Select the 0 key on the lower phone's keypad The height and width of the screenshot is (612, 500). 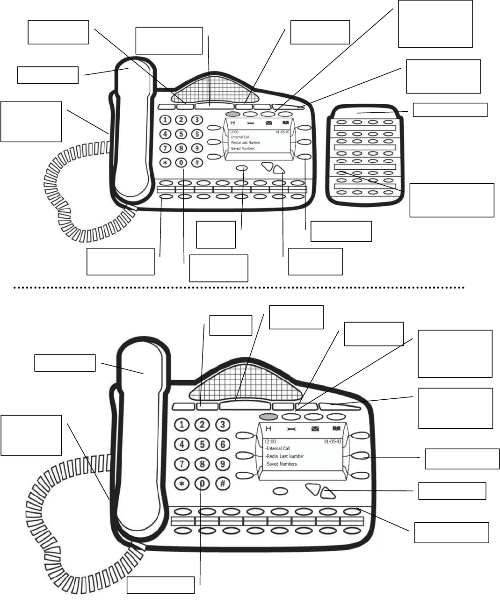(203, 483)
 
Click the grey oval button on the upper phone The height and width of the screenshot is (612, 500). (232, 114)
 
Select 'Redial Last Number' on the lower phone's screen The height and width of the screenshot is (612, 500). (284, 456)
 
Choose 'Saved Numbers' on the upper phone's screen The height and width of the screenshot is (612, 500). (243, 148)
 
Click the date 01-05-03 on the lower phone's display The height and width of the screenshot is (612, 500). (333, 441)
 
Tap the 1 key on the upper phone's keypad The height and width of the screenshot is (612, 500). (166, 120)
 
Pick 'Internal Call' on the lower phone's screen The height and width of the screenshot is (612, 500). (277, 448)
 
